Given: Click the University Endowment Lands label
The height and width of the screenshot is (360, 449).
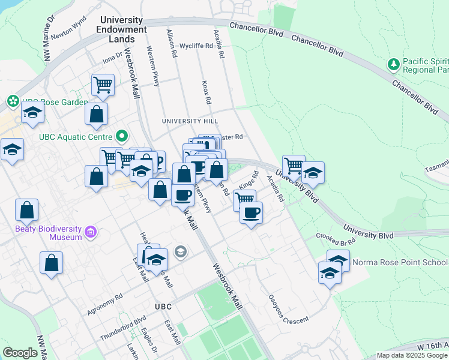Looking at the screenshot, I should click(x=124, y=29).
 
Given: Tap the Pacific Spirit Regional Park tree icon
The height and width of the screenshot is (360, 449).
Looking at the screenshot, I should click(x=394, y=64).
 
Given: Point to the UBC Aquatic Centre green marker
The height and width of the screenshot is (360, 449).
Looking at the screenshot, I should click(x=122, y=136).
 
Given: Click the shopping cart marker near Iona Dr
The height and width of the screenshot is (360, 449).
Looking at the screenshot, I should click(x=103, y=85).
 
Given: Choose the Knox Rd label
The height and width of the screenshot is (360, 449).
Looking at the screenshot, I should click(x=205, y=91).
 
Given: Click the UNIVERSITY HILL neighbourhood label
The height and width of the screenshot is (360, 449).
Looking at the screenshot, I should click(x=188, y=121).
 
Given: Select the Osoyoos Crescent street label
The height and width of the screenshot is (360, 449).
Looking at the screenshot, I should click(x=287, y=310).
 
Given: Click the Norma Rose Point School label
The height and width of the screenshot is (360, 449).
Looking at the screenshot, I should click(x=399, y=262).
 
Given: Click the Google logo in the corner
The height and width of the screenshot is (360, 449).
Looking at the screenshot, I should click(x=20, y=353).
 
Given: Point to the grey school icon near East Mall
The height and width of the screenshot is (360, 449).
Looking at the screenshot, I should click(x=180, y=251).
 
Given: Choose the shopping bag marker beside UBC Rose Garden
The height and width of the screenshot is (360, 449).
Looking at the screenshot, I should click(x=96, y=114).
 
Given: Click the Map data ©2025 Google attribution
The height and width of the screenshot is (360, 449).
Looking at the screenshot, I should click(x=412, y=355).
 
